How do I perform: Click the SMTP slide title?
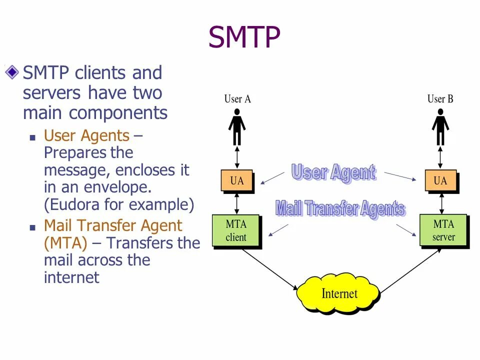coord(244,37)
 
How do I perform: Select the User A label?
coord(237,99)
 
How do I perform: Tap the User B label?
coord(440,99)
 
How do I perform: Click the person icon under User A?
coord(237,127)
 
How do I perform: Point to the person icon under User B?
coord(440,127)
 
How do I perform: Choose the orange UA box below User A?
coord(237,180)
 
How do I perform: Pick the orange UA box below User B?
coord(440,180)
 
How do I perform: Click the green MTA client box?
coord(236,230)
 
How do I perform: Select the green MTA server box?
coord(443,230)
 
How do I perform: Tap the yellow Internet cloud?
coord(338,293)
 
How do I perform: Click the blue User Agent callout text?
coord(333,173)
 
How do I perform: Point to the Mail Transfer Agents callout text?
coord(340,208)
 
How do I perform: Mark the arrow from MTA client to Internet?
coord(269,268)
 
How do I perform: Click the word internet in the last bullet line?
coord(71,277)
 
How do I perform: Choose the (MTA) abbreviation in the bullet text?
coord(65,243)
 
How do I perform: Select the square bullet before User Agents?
coord(33,136)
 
